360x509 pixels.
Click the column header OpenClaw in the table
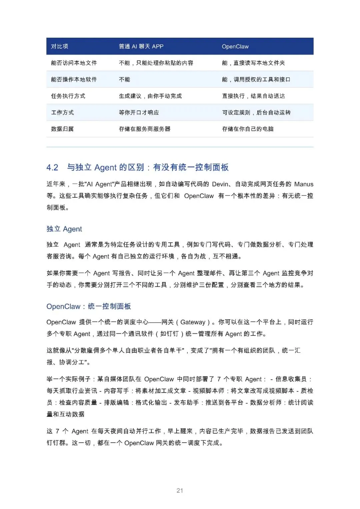(x=235, y=47)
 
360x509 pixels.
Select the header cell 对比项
(x=59, y=47)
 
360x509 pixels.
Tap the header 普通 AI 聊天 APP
(x=141, y=47)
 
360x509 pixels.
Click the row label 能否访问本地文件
(x=74, y=63)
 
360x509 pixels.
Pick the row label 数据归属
(x=62, y=129)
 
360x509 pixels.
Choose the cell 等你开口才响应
(x=139, y=113)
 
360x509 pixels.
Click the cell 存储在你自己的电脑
(x=248, y=129)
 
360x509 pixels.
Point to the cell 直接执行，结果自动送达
(x=253, y=96)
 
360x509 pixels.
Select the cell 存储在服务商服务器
(x=144, y=129)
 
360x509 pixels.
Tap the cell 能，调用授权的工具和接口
(x=256, y=80)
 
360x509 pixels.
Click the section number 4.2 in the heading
(x=52, y=167)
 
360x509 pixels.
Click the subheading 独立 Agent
(x=64, y=229)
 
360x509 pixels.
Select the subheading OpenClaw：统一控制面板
(x=89, y=306)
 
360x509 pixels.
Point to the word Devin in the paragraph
(x=220, y=184)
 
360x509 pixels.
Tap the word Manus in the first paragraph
(x=304, y=184)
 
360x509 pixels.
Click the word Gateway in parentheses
(x=193, y=322)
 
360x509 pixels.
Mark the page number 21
(x=180, y=491)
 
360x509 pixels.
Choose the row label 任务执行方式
(x=68, y=96)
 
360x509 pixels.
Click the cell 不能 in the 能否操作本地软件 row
(x=124, y=80)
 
